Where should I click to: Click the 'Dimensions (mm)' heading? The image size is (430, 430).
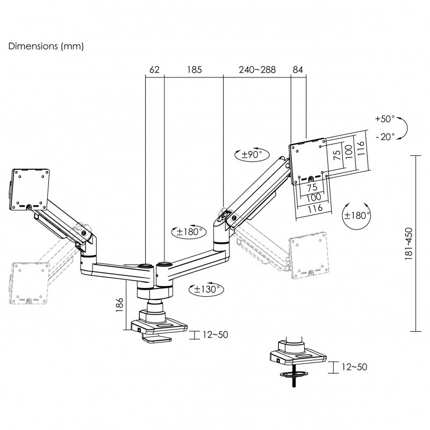(x=46, y=46)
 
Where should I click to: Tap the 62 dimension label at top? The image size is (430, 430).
(x=154, y=70)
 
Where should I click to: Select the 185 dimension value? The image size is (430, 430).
(x=195, y=70)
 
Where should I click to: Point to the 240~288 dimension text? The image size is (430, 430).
(x=257, y=70)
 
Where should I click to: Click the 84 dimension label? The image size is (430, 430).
(x=298, y=70)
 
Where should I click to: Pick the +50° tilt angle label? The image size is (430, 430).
(x=385, y=119)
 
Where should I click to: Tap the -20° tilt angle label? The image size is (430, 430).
(x=385, y=137)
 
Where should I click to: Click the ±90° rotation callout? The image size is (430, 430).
(x=252, y=155)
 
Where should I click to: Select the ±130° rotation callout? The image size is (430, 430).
(x=206, y=289)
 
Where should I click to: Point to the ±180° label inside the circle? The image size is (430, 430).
(x=356, y=216)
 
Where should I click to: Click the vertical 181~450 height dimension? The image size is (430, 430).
(x=408, y=243)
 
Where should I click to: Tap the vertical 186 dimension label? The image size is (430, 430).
(x=119, y=305)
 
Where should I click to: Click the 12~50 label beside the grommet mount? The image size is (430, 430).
(x=354, y=367)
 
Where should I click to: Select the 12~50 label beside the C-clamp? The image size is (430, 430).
(x=216, y=334)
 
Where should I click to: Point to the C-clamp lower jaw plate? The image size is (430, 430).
(x=156, y=340)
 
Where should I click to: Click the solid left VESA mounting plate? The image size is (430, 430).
(x=30, y=190)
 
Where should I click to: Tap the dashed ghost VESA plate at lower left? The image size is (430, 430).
(x=29, y=283)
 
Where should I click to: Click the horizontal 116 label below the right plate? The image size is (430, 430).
(x=315, y=209)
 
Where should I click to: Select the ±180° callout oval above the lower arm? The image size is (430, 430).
(x=189, y=232)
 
